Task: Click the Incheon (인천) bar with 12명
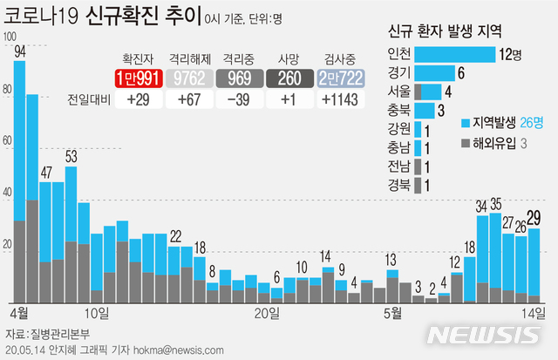456,55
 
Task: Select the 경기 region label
402,73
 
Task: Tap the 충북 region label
402,111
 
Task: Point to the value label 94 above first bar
20,53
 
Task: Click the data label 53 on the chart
71,157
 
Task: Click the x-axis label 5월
392,313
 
